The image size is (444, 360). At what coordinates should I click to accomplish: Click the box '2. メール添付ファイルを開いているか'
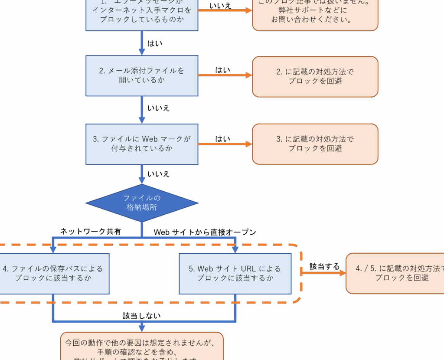click(x=142, y=75)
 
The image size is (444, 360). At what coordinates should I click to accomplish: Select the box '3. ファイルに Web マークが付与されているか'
click(x=142, y=144)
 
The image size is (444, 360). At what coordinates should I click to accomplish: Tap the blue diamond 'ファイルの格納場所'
click(x=142, y=203)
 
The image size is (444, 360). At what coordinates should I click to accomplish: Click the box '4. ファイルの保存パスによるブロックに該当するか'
click(x=53, y=274)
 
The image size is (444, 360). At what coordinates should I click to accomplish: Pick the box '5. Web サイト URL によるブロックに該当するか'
click(x=235, y=274)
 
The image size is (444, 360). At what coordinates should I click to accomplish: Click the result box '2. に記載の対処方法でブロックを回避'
click(x=315, y=76)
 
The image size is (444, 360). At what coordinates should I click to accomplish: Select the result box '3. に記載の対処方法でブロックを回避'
click(x=315, y=144)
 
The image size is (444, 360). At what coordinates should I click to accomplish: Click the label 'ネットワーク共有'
click(x=91, y=232)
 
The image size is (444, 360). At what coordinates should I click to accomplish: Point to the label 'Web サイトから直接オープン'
click(x=205, y=232)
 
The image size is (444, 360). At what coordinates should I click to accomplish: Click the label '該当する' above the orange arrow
click(x=324, y=266)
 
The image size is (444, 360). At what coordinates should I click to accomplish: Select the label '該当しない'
click(x=141, y=316)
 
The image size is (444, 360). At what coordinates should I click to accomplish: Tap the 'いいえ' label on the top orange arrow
click(x=220, y=6)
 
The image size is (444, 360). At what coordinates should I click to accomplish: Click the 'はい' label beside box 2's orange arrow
click(x=223, y=70)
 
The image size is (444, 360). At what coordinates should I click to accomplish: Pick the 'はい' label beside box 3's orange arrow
click(x=223, y=139)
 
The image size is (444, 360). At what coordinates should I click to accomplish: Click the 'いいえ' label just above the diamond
click(x=158, y=174)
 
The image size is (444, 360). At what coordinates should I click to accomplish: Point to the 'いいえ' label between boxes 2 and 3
click(x=158, y=108)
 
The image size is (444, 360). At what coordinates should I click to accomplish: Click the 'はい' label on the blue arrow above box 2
click(x=155, y=43)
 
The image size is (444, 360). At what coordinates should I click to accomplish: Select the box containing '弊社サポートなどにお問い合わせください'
click(x=315, y=13)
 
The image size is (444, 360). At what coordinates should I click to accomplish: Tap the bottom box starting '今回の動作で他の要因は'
click(x=142, y=347)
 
